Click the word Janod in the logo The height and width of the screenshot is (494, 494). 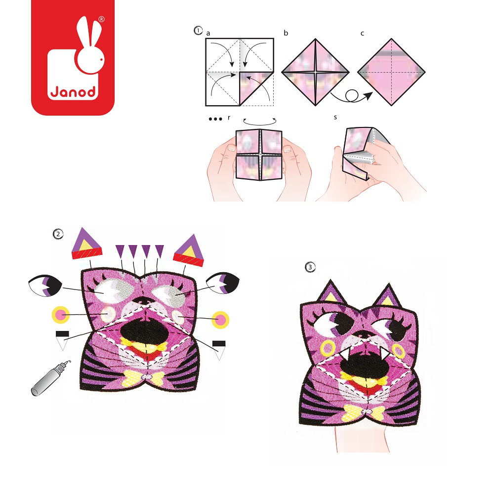pyautogui.click(x=73, y=92)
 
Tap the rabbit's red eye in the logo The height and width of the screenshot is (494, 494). pyautogui.click(x=101, y=59)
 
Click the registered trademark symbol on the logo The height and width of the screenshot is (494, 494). pyautogui.click(x=101, y=19)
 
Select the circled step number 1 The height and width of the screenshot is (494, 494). pyautogui.click(x=198, y=31)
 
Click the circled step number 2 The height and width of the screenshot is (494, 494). pyautogui.click(x=58, y=234)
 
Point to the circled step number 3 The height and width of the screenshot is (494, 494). pyautogui.click(x=310, y=267)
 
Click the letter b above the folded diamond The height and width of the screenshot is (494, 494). pyautogui.click(x=286, y=33)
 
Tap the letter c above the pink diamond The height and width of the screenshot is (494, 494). pyautogui.click(x=362, y=34)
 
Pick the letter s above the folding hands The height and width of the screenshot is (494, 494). pyautogui.click(x=335, y=117)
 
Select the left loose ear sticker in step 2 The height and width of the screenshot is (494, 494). pyautogui.click(x=86, y=244)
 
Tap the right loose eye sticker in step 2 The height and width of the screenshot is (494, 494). pyautogui.click(x=223, y=283)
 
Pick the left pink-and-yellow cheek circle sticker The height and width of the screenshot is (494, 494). pyautogui.click(x=61, y=314)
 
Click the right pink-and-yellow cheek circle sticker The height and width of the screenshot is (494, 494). pyautogui.click(x=220, y=320)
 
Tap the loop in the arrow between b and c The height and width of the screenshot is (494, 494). pyautogui.click(x=352, y=95)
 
